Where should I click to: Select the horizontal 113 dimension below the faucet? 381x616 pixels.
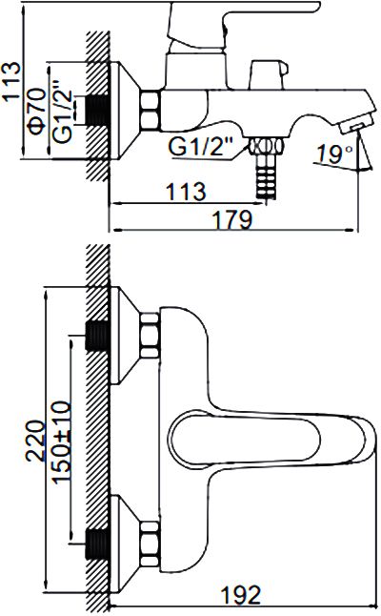click(186, 192)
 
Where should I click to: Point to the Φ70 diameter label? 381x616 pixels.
click(38, 111)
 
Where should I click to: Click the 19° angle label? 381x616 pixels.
click(334, 154)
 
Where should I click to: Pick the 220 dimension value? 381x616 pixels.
click(34, 441)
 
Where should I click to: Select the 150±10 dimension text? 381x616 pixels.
click(62, 441)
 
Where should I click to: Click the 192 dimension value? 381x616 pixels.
click(241, 595)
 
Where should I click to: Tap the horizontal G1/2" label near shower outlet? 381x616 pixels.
click(201, 147)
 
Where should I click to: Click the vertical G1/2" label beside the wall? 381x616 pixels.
click(63, 112)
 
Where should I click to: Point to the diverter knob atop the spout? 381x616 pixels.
click(270, 74)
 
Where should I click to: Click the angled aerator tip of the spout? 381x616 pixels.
click(356, 122)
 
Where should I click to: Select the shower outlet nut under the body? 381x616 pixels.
click(265, 146)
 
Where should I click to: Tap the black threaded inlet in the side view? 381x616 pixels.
click(97, 110)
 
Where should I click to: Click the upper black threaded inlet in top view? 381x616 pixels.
click(97, 336)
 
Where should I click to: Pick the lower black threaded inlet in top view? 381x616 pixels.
click(97, 544)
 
